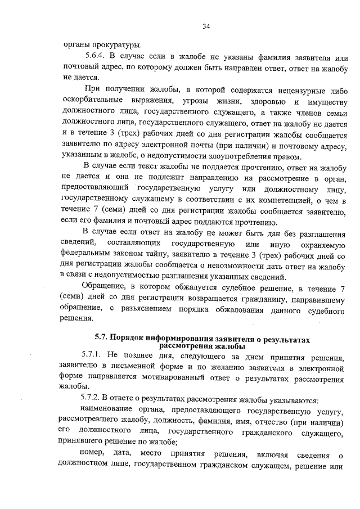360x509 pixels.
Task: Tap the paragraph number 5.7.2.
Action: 92,400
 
